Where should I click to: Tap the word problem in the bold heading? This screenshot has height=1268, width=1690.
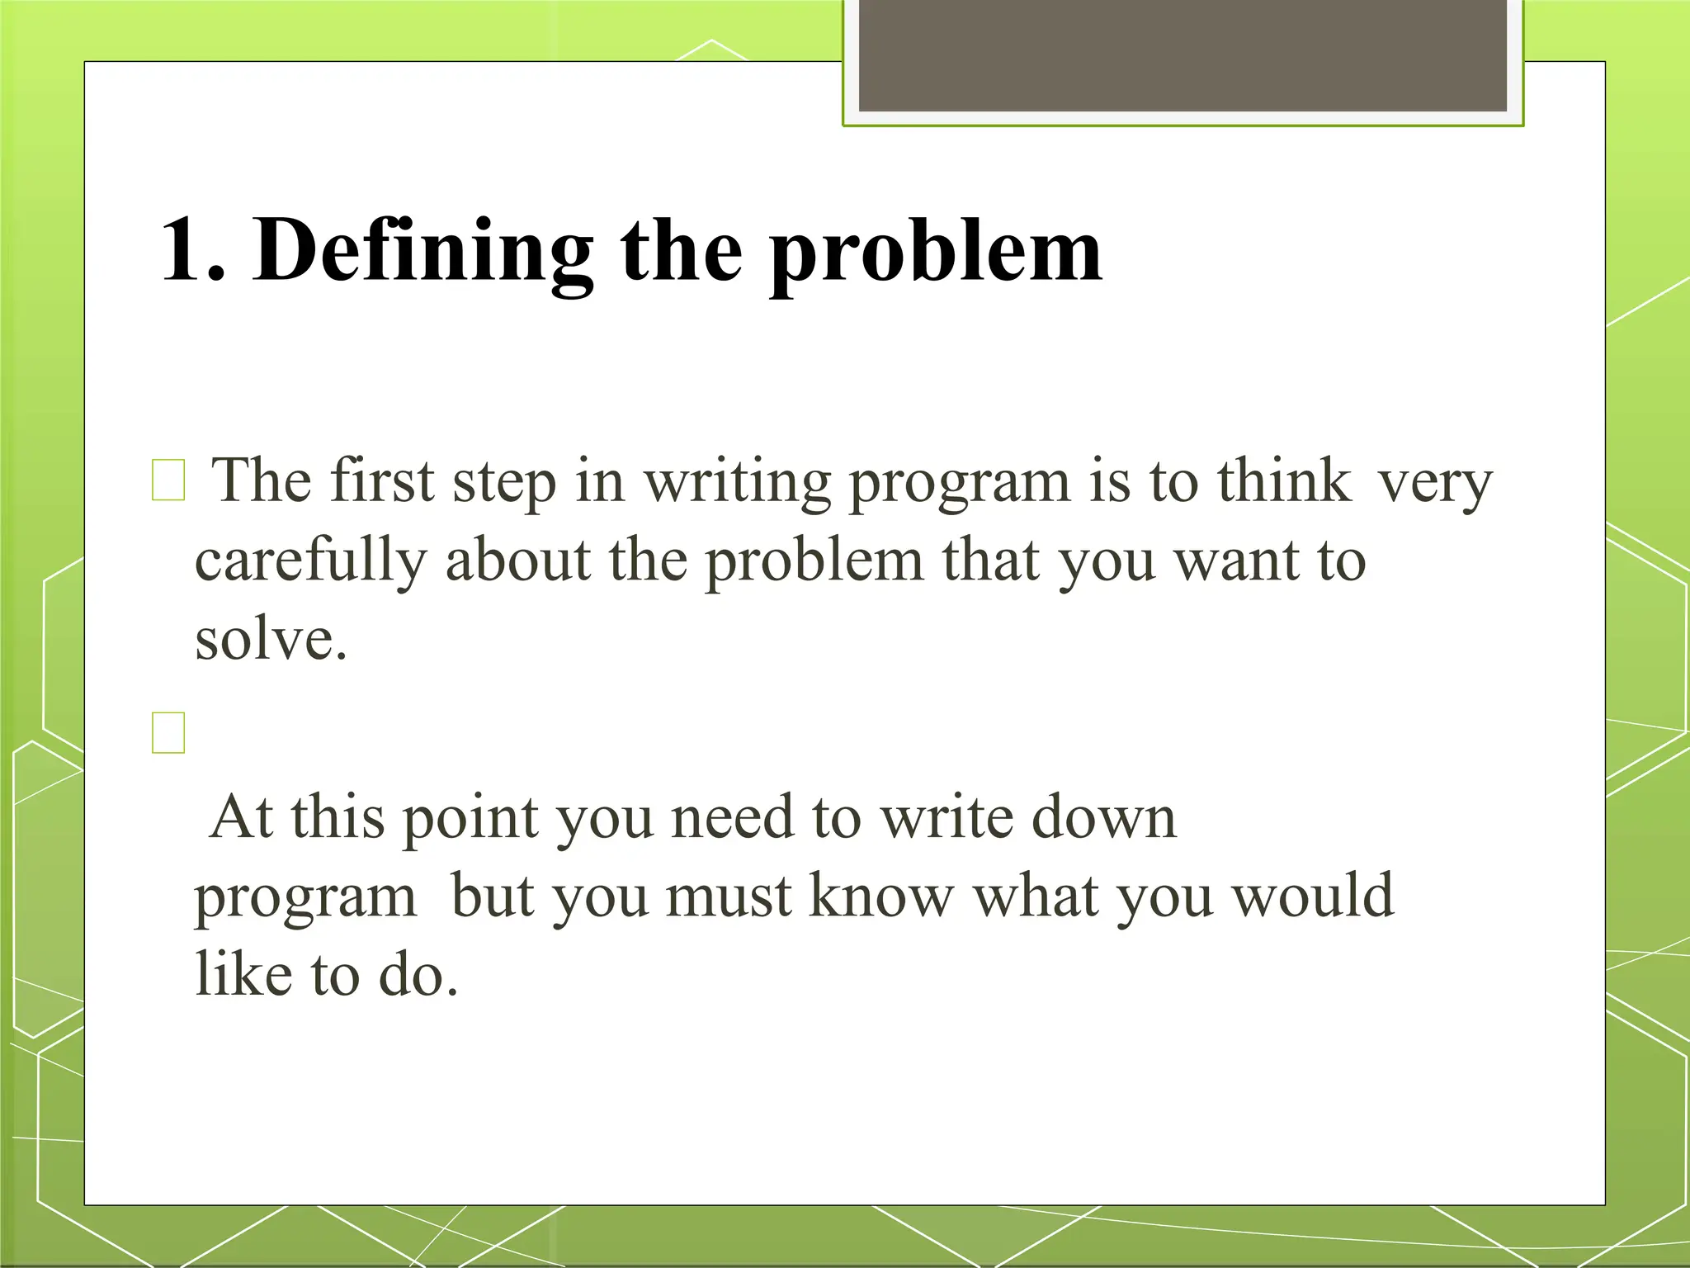click(936, 251)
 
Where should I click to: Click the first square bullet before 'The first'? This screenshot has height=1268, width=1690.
click(168, 480)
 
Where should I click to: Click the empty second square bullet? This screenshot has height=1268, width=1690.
click(168, 732)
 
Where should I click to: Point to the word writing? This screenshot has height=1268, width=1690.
click(736, 482)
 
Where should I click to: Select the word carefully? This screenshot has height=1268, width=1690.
click(310, 561)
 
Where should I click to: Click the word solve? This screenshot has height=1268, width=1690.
click(270, 640)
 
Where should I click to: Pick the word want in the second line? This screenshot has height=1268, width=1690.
click(1234, 561)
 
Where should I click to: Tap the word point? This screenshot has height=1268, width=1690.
click(470, 819)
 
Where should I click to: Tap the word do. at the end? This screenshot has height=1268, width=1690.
click(418, 974)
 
